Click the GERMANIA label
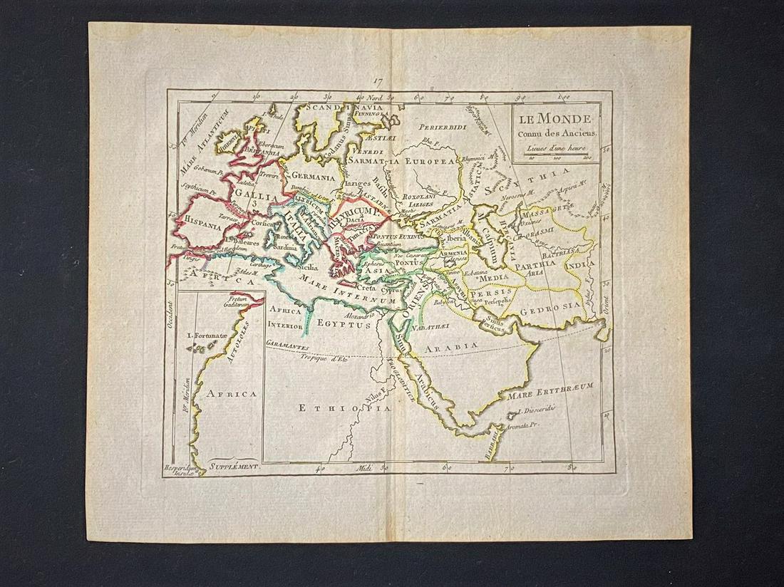tap(312, 177)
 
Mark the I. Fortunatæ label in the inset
tap(206, 335)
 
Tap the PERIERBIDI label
tap(442, 128)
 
